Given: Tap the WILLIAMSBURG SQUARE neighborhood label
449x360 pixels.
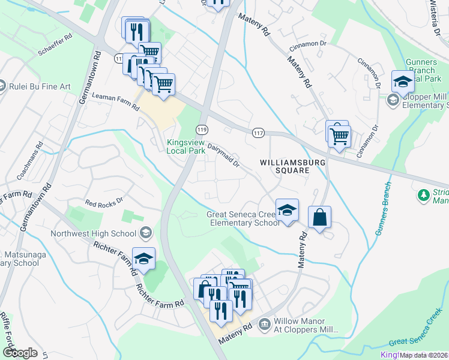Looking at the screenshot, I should point(284,166).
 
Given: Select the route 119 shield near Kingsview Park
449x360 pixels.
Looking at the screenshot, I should point(202,130).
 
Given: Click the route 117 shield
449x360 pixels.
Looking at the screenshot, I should point(258,133).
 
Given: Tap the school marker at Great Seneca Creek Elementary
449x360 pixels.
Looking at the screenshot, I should point(288,211).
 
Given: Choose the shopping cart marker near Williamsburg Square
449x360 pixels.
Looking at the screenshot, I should point(339,135).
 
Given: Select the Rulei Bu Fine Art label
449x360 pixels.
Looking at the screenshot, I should point(40,86).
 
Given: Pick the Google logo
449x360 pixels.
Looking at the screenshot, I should point(20,353).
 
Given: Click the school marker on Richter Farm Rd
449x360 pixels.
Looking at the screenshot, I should point(144,259).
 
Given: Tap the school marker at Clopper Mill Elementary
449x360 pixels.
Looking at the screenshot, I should point(403,81).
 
